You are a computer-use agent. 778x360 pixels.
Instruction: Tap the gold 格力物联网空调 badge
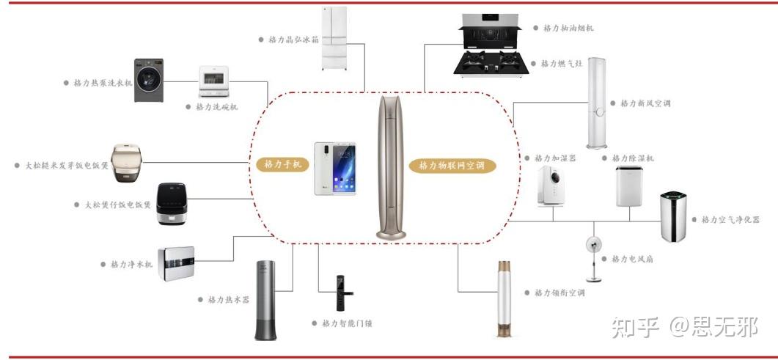tap(452, 166)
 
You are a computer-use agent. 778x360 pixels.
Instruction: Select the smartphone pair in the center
tap(335, 169)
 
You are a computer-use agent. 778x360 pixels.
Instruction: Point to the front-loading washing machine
tap(149, 81)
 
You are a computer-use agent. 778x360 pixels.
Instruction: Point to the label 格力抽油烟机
tap(568, 28)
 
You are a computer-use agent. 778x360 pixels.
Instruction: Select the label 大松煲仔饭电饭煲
tap(113, 205)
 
